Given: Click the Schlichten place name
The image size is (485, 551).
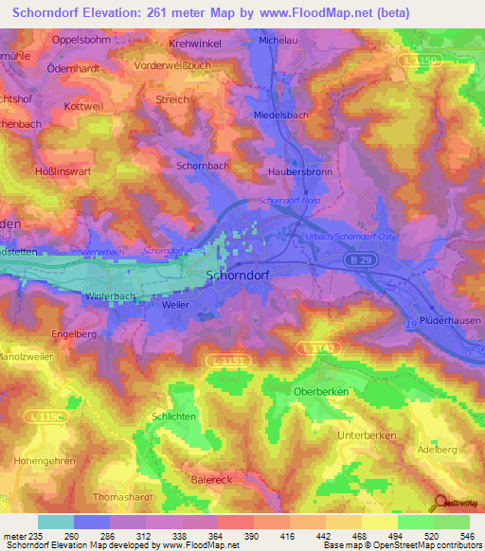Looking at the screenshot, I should tap(174, 417).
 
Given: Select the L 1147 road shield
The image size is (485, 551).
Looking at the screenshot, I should tap(316, 348).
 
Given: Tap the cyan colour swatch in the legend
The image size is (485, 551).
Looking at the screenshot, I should tap(55, 522).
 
